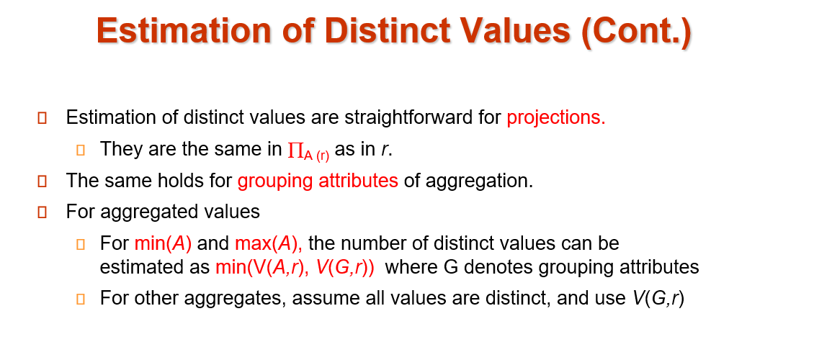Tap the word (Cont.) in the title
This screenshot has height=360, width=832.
[636, 32]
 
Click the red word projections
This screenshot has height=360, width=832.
[556, 117]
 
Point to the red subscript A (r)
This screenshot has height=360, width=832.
[316, 156]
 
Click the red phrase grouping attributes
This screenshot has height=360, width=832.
[318, 181]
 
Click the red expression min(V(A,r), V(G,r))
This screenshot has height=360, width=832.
[295, 267]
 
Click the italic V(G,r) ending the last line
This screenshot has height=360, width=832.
[658, 299]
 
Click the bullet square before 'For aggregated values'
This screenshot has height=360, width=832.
[43, 213]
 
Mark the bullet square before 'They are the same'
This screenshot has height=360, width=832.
[81, 150]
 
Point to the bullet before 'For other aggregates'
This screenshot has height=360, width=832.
[81, 300]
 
